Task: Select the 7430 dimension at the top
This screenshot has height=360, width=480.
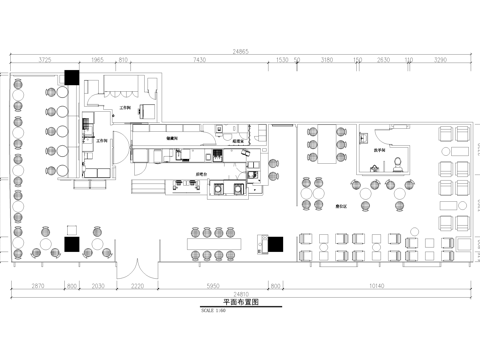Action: point(199,61)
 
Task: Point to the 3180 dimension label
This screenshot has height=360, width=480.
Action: point(327,61)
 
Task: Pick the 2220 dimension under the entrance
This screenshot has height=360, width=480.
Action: point(138,286)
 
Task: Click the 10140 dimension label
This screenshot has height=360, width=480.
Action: point(376,286)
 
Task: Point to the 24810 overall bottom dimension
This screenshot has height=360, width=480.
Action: point(240,296)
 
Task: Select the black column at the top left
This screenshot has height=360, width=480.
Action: point(71,76)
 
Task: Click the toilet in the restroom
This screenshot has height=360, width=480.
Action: point(398,163)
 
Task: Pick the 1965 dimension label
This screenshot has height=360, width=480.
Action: point(98,61)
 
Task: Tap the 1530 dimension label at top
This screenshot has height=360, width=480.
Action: point(282,61)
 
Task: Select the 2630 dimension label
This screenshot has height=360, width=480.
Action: point(383,61)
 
